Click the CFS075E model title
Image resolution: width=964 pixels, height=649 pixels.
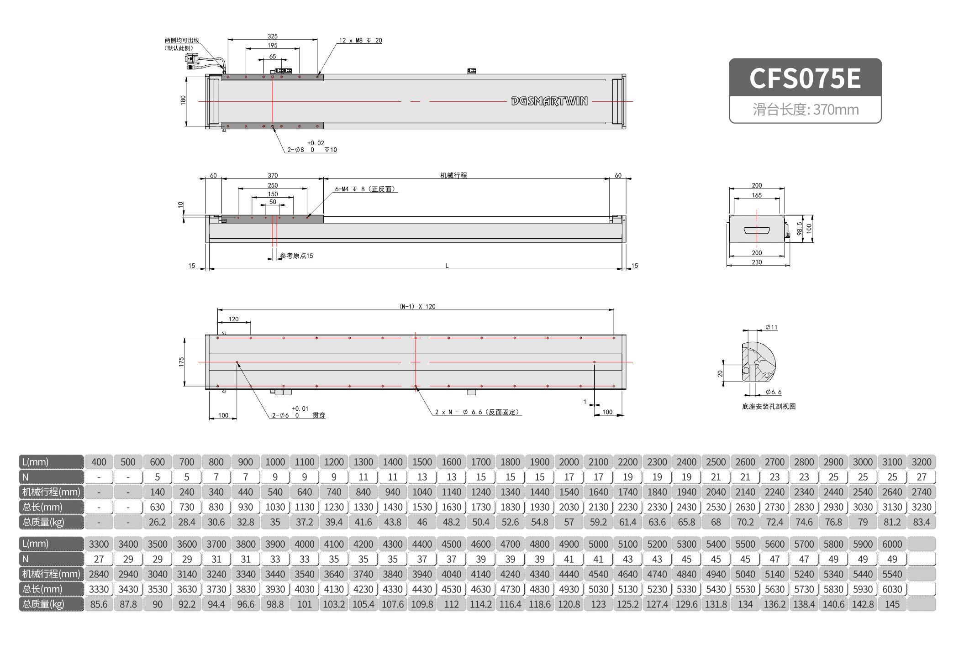point(805,78)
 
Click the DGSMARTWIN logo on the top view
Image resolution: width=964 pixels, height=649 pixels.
point(549,101)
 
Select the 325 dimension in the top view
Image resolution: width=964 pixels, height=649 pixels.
point(273,36)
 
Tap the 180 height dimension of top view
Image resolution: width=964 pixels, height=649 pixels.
point(183,100)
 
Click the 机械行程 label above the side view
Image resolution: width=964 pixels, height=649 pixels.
point(453,175)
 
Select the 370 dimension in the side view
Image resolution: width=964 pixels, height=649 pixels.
point(273,175)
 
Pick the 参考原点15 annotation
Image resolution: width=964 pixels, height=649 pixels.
point(296,256)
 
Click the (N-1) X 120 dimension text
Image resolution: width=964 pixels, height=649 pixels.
point(417,307)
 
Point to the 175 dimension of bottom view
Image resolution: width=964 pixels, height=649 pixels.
point(181,362)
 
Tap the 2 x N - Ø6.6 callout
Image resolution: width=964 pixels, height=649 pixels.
point(477,412)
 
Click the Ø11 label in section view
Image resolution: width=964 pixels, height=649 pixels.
point(771,327)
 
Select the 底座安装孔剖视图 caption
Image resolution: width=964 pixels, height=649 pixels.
point(769,407)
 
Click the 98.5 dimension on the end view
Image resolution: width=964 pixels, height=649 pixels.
point(799,229)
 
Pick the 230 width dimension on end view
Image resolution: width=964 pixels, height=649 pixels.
point(757,262)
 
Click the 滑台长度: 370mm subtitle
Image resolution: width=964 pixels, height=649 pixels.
point(806,110)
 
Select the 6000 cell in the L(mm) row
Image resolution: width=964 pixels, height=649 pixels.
point(892,544)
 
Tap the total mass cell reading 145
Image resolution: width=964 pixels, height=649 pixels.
point(892,604)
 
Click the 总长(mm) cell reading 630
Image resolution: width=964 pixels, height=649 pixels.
point(157,507)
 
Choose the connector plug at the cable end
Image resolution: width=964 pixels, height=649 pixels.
point(191,58)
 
